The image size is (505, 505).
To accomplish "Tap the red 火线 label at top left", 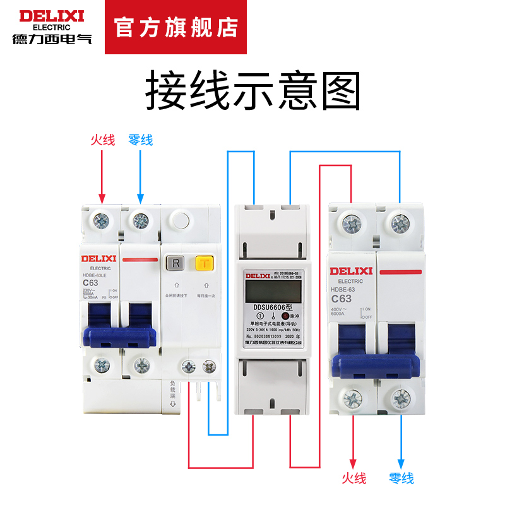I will point(102,140).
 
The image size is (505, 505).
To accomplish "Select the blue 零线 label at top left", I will point(140,140).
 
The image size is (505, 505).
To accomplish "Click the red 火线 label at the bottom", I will point(353,478).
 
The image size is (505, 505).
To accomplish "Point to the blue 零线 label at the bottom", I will point(401,478).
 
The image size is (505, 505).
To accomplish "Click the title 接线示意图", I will point(252,92).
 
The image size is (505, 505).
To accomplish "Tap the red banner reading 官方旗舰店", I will point(176,28).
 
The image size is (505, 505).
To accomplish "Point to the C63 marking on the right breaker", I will point(341,299).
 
